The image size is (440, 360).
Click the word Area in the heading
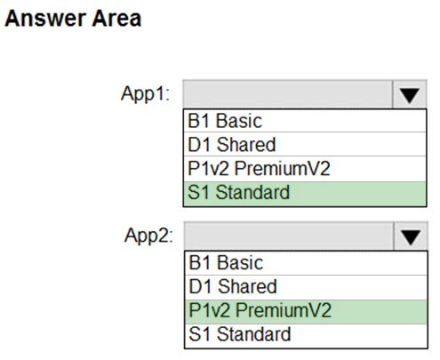(x=116, y=19)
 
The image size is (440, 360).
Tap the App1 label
(x=145, y=94)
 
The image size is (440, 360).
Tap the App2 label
(x=148, y=236)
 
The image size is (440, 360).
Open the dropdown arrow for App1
(x=410, y=94)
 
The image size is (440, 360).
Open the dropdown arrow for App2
(x=411, y=236)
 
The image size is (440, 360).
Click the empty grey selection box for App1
(x=288, y=94)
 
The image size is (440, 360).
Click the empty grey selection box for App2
(x=289, y=236)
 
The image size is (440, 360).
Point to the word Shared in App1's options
(x=246, y=145)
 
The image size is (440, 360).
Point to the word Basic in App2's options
(x=240, y=263)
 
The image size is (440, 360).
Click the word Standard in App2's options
(x=253, y=334)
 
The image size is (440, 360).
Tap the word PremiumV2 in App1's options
(x=283, y=168)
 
